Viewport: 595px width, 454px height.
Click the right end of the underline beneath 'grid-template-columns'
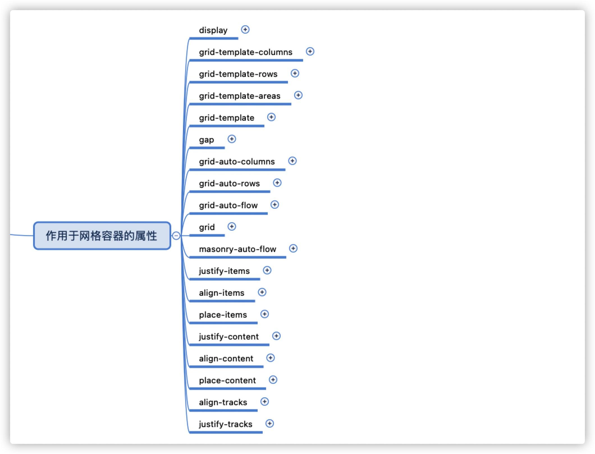click(303, 60)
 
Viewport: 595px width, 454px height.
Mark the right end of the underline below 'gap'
click(225, 148)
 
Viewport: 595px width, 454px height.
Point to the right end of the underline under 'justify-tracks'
click(262, 432)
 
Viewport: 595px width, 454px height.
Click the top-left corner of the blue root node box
click(34, 222)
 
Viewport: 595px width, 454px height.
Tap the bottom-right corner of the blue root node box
click(171, 249)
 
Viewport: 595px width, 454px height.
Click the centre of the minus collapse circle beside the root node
click(176, 235)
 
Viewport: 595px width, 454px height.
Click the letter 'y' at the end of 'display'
click(225, 31)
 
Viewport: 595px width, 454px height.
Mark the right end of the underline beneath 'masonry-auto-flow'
click(286, 257)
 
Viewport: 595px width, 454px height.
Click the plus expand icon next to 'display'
click(245, 29)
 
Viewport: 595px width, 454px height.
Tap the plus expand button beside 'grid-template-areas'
click(298, 95)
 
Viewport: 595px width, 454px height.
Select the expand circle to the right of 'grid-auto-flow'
click(275, 205)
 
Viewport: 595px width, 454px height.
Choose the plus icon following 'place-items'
click(265, 314)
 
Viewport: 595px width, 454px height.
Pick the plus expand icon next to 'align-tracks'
click(265, 402)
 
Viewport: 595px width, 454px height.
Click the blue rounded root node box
click(102, 236)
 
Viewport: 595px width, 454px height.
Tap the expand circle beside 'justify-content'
click(276, 336)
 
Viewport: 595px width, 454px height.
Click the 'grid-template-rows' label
click(238, 74)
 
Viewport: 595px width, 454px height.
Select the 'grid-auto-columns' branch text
click(237, 162)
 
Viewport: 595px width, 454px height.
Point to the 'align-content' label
click(226, 359)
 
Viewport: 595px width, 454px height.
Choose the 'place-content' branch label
click(228, 380)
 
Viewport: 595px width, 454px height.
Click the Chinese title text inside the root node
click(101, 236)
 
